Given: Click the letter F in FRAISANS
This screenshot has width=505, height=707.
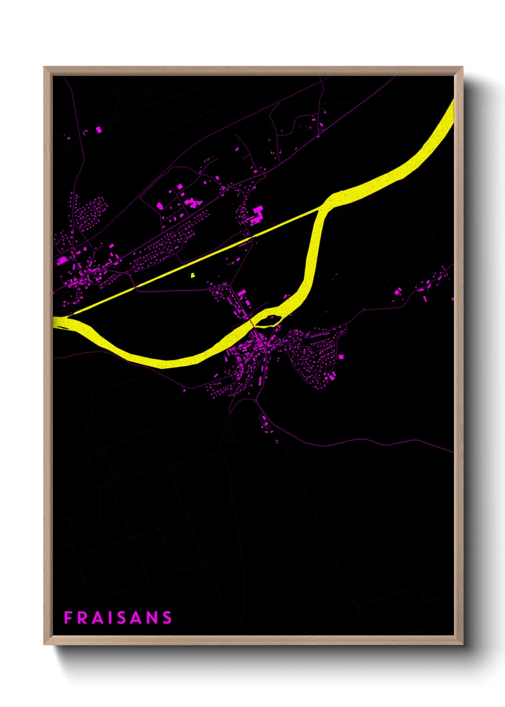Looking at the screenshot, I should pos(68,618).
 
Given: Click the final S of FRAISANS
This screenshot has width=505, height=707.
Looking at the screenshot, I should pos(167,618).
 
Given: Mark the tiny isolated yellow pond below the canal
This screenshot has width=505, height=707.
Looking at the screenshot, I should pos(192,275).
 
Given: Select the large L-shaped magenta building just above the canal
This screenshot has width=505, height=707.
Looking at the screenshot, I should pos(257,214).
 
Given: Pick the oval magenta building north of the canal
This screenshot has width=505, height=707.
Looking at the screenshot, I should pos(160,206).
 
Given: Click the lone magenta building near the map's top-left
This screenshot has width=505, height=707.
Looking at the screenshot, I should pos(99,129).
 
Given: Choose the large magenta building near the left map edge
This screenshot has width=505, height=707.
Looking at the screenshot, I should pos(63,260).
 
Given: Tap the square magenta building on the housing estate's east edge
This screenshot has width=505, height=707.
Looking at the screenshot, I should pos(341,356).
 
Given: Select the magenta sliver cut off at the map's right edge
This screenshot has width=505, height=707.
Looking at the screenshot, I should pos(452,299).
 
